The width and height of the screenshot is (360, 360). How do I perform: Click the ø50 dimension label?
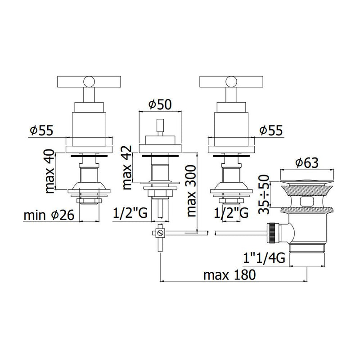[159, 104]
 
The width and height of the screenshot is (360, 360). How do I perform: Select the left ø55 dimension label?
[41, 130]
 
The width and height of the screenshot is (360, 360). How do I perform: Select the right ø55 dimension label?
[271, 130]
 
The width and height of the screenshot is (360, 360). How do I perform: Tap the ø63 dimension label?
[307, 162]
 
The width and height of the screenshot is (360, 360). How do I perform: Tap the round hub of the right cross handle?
[231, 81]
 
